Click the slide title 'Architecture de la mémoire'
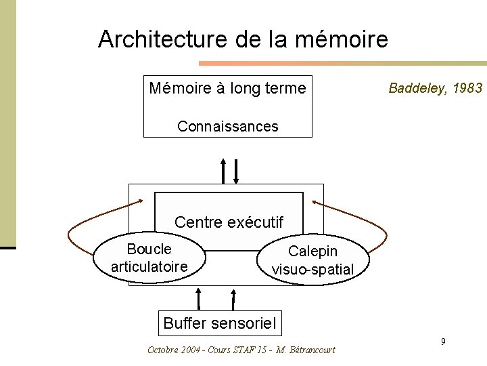click(243, 39)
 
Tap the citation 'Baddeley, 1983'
click(436, 88)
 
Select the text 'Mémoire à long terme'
click(227, 88)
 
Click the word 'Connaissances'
click(227, 126)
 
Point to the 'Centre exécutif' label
click(229, 222)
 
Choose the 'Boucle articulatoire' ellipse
click(149, 257)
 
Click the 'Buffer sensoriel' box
click(220, 323)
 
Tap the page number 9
click(442, 341)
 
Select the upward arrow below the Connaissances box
click(224, 171)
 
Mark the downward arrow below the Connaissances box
click(235, 171)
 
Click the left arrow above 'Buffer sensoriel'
click(198, 299)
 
